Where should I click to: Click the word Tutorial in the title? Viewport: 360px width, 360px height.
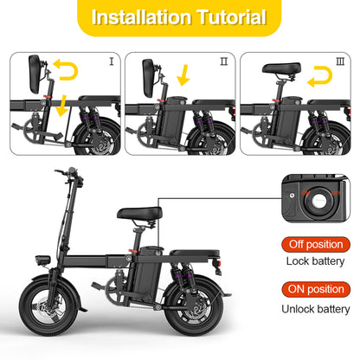click(231, 18)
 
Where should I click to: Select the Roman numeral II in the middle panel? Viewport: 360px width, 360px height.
click(223, 61)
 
